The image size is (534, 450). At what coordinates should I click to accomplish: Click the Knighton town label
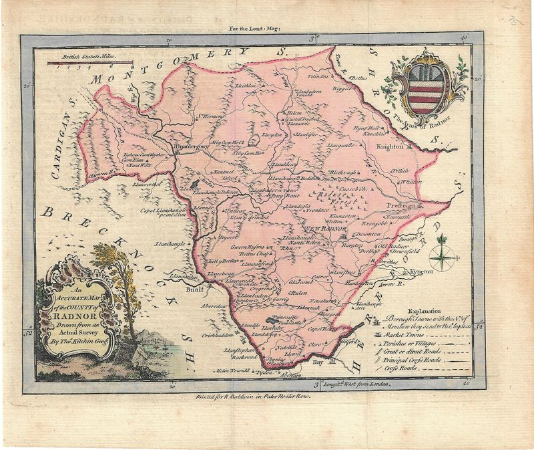point(389,146)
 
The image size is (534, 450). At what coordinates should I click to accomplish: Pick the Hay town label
point(318,362)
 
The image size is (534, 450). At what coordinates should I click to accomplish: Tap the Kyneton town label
point(419,272)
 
